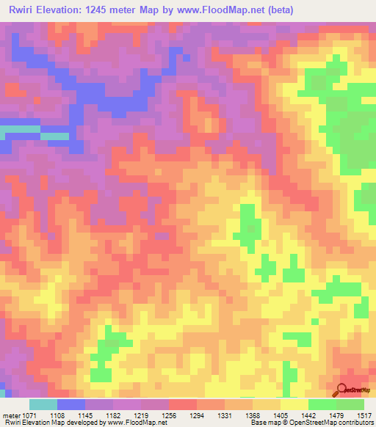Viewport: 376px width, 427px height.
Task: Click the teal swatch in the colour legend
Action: tap(43, 404)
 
